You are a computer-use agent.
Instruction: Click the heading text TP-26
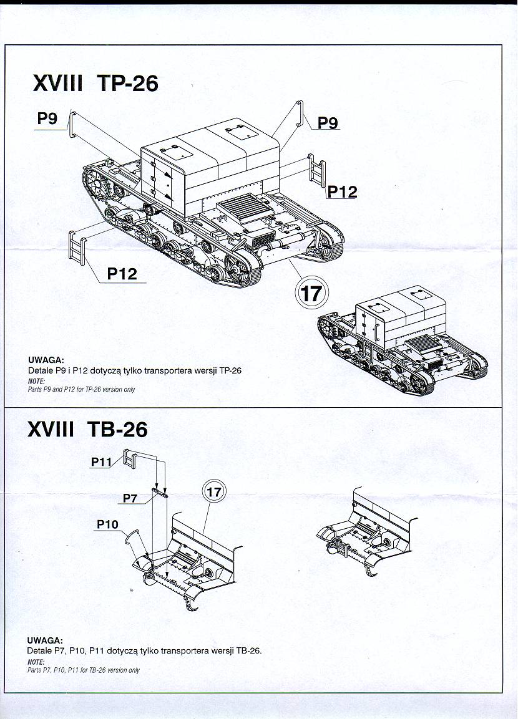128,84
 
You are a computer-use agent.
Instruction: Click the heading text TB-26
117,429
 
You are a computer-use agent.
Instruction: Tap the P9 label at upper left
47,118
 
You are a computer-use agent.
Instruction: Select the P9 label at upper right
328,122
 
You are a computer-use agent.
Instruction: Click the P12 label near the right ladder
342,191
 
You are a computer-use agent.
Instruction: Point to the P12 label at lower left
122,274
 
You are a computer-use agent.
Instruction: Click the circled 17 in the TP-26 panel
311,292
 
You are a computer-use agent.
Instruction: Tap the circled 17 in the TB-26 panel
214,492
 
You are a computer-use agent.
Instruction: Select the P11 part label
101,461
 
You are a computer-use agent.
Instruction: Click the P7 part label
130,498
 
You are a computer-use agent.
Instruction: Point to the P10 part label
107,524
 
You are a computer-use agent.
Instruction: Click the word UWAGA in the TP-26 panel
46,360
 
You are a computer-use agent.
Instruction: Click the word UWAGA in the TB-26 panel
45,640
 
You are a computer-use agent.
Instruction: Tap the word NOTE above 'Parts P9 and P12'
36,382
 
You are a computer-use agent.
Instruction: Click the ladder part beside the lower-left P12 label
77,248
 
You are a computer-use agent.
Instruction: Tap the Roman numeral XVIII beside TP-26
58,84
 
